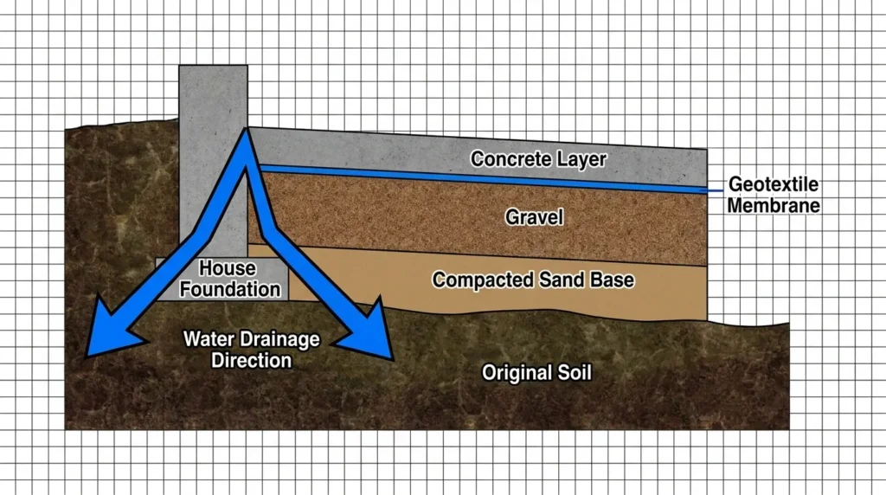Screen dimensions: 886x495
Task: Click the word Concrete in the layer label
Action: (x=510, y=158)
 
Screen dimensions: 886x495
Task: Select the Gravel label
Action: (x=534, y=217)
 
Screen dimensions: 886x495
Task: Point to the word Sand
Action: (x=562, y=280)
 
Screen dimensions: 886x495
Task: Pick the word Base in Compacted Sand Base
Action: (x=612, y=280)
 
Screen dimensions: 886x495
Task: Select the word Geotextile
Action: (x=774, y=184)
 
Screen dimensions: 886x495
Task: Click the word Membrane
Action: (x=774, y=205)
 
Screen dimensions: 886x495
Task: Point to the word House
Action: (x=228, y=268)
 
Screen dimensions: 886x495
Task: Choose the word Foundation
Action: (x=230, y=289)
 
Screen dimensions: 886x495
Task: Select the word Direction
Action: (x=252, y=361)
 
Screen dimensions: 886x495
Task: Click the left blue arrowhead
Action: (x=110, y=331)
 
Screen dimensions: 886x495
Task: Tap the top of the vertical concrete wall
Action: (x=213, y=66)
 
